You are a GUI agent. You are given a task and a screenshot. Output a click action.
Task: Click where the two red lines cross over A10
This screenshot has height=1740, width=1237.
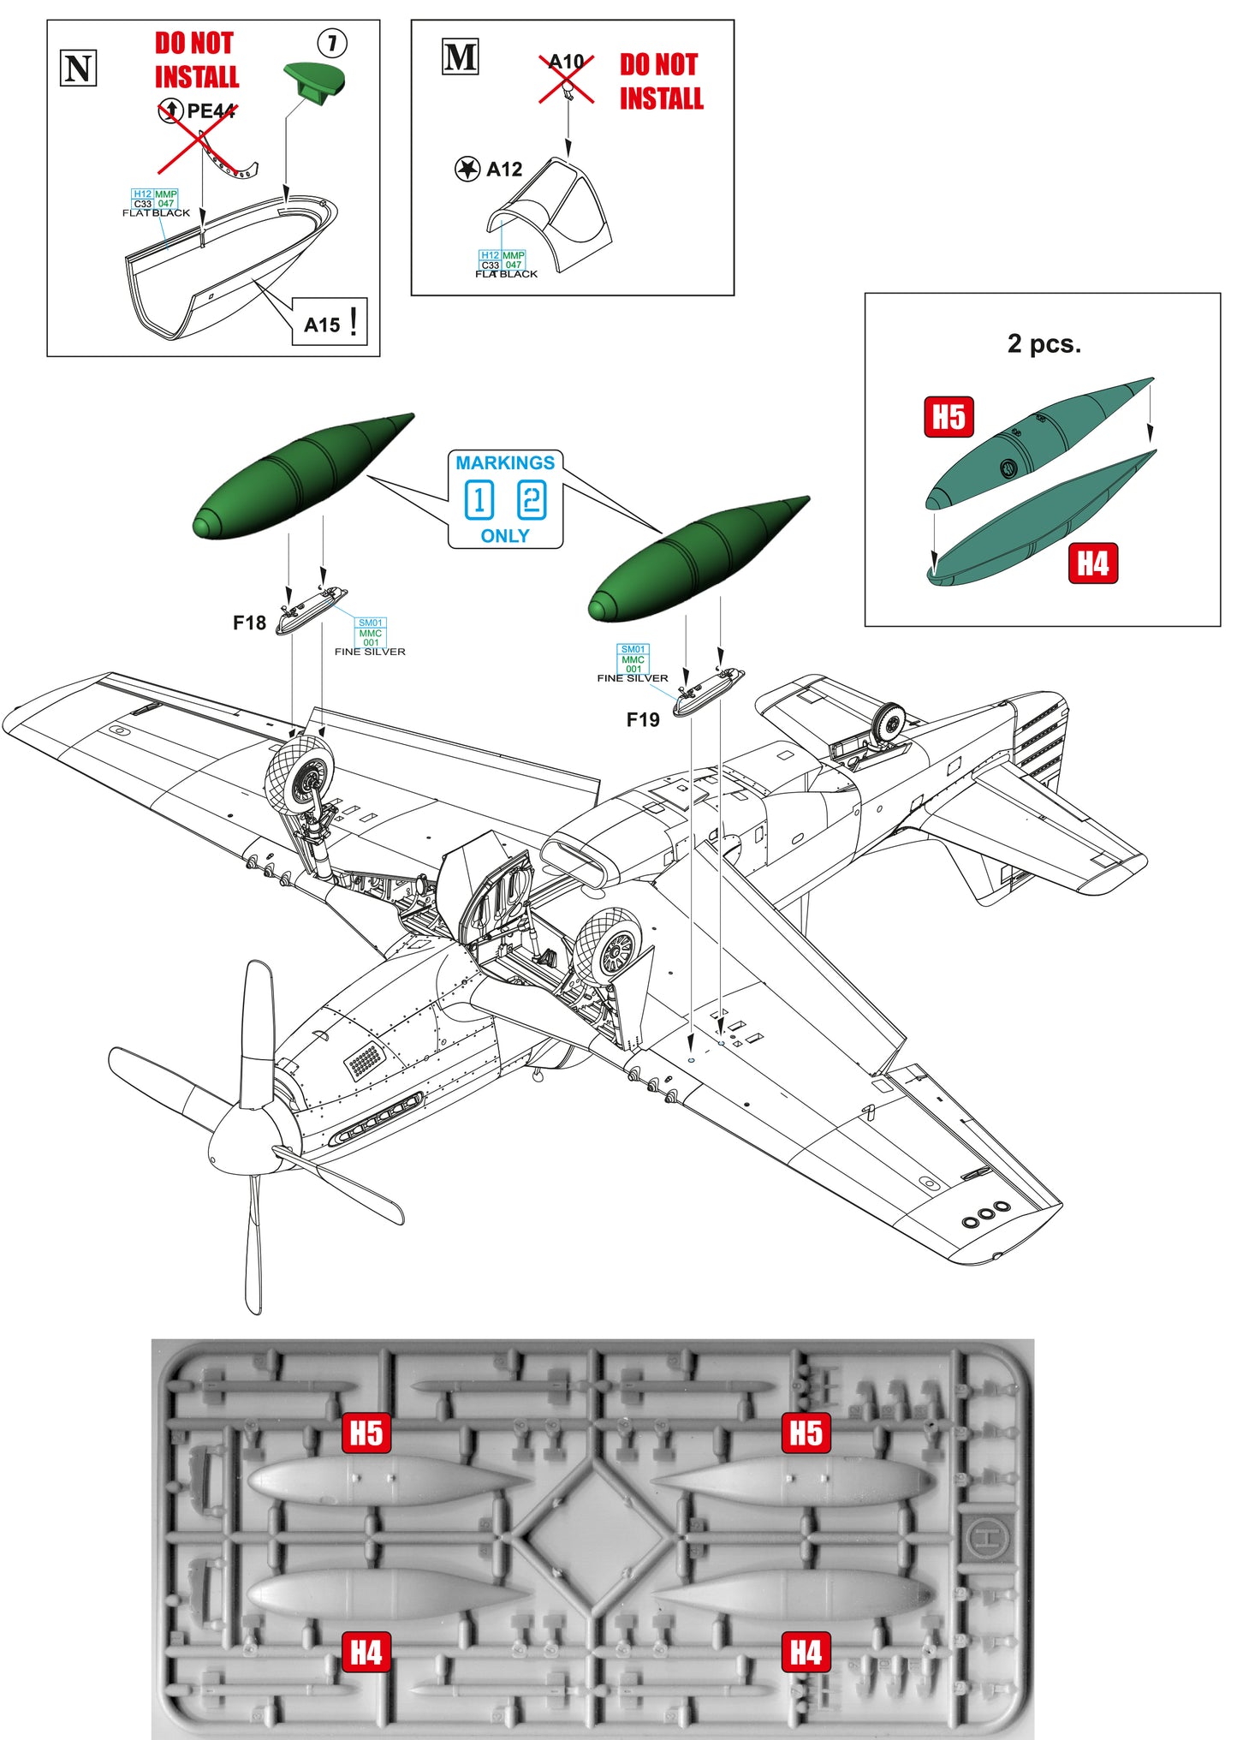[567, 80]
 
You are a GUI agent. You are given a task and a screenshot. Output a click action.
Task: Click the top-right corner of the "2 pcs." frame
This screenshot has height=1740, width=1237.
[1221, 294]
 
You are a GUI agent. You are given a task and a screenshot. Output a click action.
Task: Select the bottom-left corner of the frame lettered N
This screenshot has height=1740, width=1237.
[47, 356]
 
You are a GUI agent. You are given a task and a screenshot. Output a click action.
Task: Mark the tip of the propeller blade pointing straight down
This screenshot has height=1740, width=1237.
[253, 1313]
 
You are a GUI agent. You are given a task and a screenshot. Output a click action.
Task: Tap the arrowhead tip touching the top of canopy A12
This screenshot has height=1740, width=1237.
[568, 157]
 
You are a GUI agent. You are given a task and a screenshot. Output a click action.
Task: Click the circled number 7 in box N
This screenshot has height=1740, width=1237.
[332, 43]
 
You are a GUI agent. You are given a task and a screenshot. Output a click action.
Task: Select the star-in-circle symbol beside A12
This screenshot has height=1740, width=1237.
[467, 170]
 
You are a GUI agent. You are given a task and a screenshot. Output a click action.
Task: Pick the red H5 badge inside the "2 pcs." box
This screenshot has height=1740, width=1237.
[949, 417]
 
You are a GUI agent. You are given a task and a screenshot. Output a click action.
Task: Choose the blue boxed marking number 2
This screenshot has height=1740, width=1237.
[532, 500]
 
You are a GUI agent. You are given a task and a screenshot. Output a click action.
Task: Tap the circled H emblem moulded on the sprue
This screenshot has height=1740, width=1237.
[989, 1537]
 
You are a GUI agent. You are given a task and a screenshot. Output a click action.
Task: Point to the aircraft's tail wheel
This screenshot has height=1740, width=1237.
[891, 724]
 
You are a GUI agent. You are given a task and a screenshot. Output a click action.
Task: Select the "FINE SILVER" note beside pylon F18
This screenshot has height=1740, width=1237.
[370, 652]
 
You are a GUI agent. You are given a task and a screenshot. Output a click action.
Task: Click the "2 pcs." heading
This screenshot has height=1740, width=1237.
[1044, 344]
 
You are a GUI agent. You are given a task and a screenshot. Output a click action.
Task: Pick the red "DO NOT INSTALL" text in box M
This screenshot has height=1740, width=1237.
[661, 81]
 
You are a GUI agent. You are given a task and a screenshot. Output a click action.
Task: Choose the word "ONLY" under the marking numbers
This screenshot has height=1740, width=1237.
[505, 536]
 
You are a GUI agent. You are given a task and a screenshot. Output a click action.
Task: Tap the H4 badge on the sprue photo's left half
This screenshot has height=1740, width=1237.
[366, 1653]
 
